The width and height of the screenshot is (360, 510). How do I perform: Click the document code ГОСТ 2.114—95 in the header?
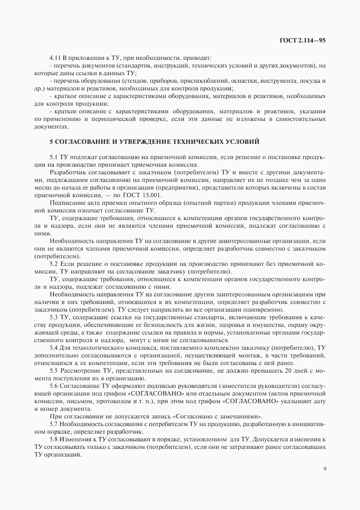[303, 40]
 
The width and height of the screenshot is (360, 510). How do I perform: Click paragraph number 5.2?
[53, 263]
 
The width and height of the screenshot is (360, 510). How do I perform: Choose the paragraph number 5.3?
[53, 317]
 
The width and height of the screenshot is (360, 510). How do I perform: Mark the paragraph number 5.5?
[53, 370]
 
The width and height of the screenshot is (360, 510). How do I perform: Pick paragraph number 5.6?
[53, 385]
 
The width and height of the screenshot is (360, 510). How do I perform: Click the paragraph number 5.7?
[53, 423]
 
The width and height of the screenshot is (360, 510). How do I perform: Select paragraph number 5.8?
[53, 439]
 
